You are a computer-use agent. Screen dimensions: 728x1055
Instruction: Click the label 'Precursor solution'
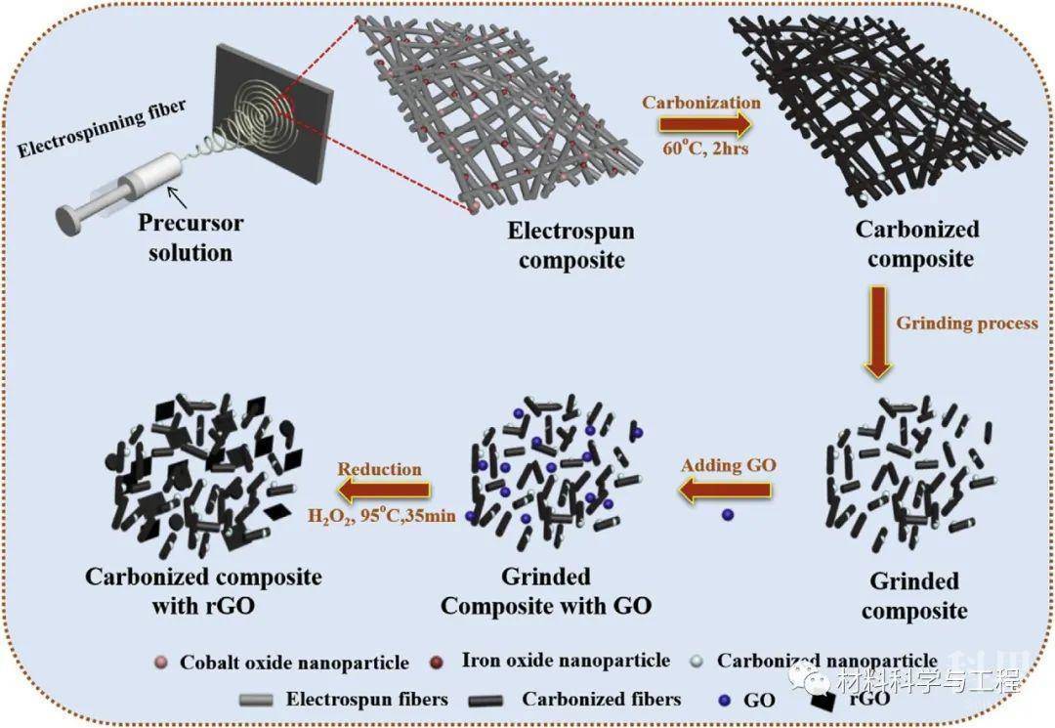pos(190,237)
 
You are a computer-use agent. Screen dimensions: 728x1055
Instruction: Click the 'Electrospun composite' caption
pos(570,245)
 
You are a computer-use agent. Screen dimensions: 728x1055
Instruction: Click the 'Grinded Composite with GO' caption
pos(545,591)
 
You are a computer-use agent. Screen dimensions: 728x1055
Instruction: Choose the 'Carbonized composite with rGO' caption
pos(203,591)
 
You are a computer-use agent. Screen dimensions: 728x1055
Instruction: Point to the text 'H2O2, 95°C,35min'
pos(381,515)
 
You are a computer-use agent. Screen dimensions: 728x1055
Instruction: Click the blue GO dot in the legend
pos(722,699)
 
